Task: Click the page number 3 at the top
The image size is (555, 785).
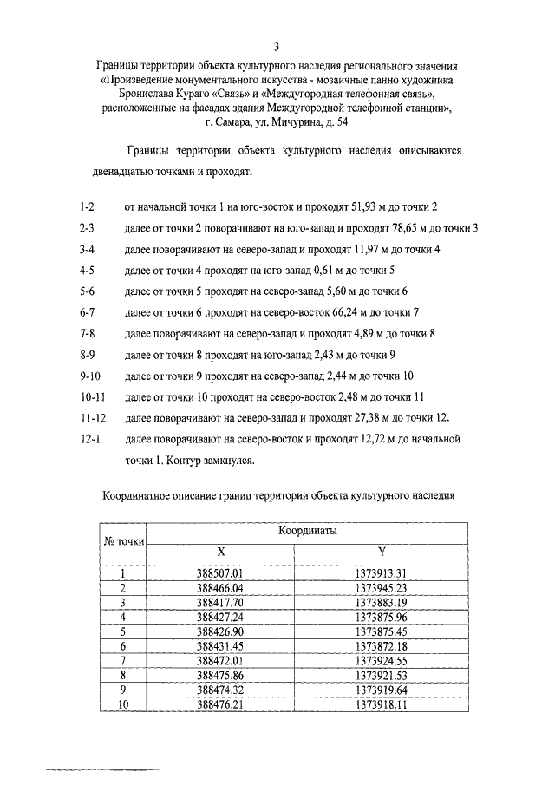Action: coord(277,46)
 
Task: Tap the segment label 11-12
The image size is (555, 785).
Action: coord(92,417)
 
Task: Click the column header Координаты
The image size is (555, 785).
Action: coord(308,529)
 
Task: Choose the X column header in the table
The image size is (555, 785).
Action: coord(220,551)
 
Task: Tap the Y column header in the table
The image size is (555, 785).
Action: coord(382,551)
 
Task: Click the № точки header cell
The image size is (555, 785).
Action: coord(123,540)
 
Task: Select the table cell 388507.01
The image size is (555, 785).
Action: coord(220,573)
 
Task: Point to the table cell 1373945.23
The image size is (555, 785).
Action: coord(382,588)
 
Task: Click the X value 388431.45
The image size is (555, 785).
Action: coord(220,647)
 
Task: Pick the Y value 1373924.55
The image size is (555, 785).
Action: coord(382,662)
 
